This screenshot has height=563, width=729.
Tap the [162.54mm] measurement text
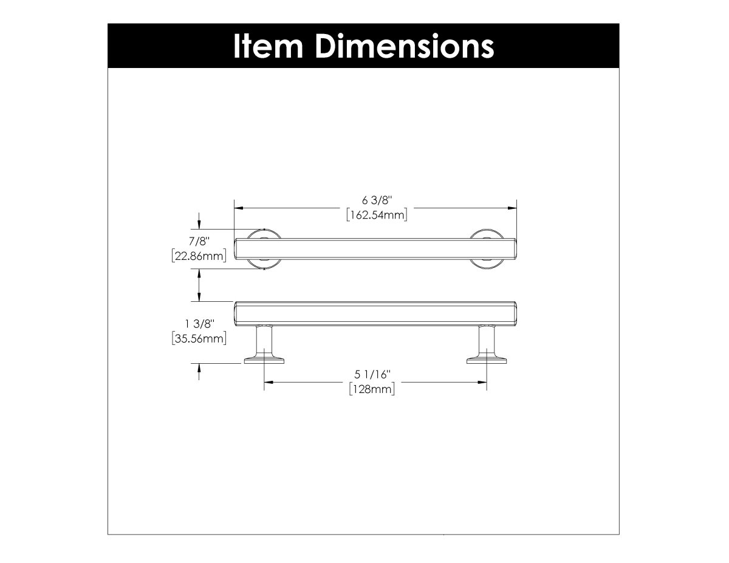click(375, 214)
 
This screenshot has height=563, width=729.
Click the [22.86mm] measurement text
click(199, 256)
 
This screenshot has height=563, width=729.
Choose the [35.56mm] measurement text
click(199, 339)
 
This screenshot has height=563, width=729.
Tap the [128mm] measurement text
click(372, 389)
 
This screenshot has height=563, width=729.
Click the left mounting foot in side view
click(264, 361)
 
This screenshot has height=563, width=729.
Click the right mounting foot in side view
click(486, 361)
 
